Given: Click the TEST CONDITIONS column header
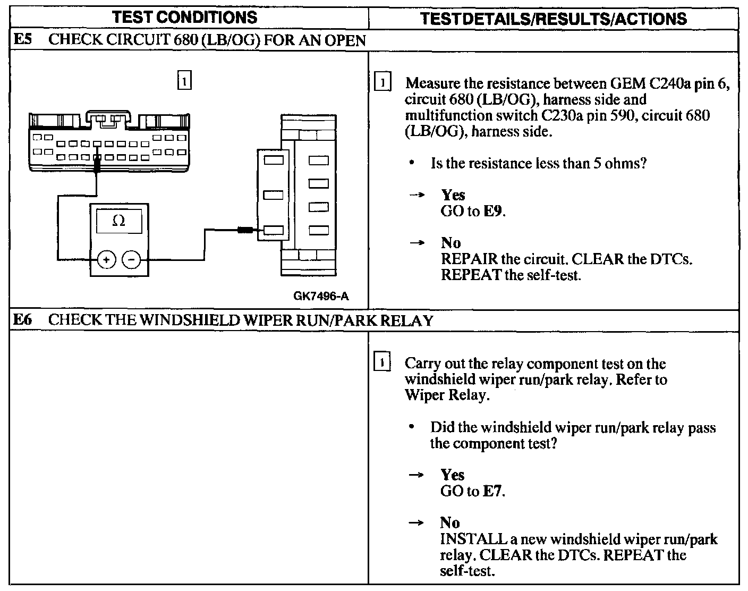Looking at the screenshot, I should (185, 18).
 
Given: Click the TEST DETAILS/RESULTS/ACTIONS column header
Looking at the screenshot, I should (553, 19).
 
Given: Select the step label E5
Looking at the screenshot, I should (23, 40).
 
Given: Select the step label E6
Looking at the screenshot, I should (23, 320).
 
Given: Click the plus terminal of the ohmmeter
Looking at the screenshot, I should (106, 260).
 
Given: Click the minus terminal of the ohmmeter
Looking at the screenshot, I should (132, 260).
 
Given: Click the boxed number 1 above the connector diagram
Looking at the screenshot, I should (184, 81).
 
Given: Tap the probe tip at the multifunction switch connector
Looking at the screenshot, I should (245, 230).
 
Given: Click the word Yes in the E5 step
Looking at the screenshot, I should (453, 195).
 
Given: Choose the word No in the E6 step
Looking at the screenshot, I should (450, 523).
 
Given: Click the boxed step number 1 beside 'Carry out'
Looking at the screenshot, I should (382, 364).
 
